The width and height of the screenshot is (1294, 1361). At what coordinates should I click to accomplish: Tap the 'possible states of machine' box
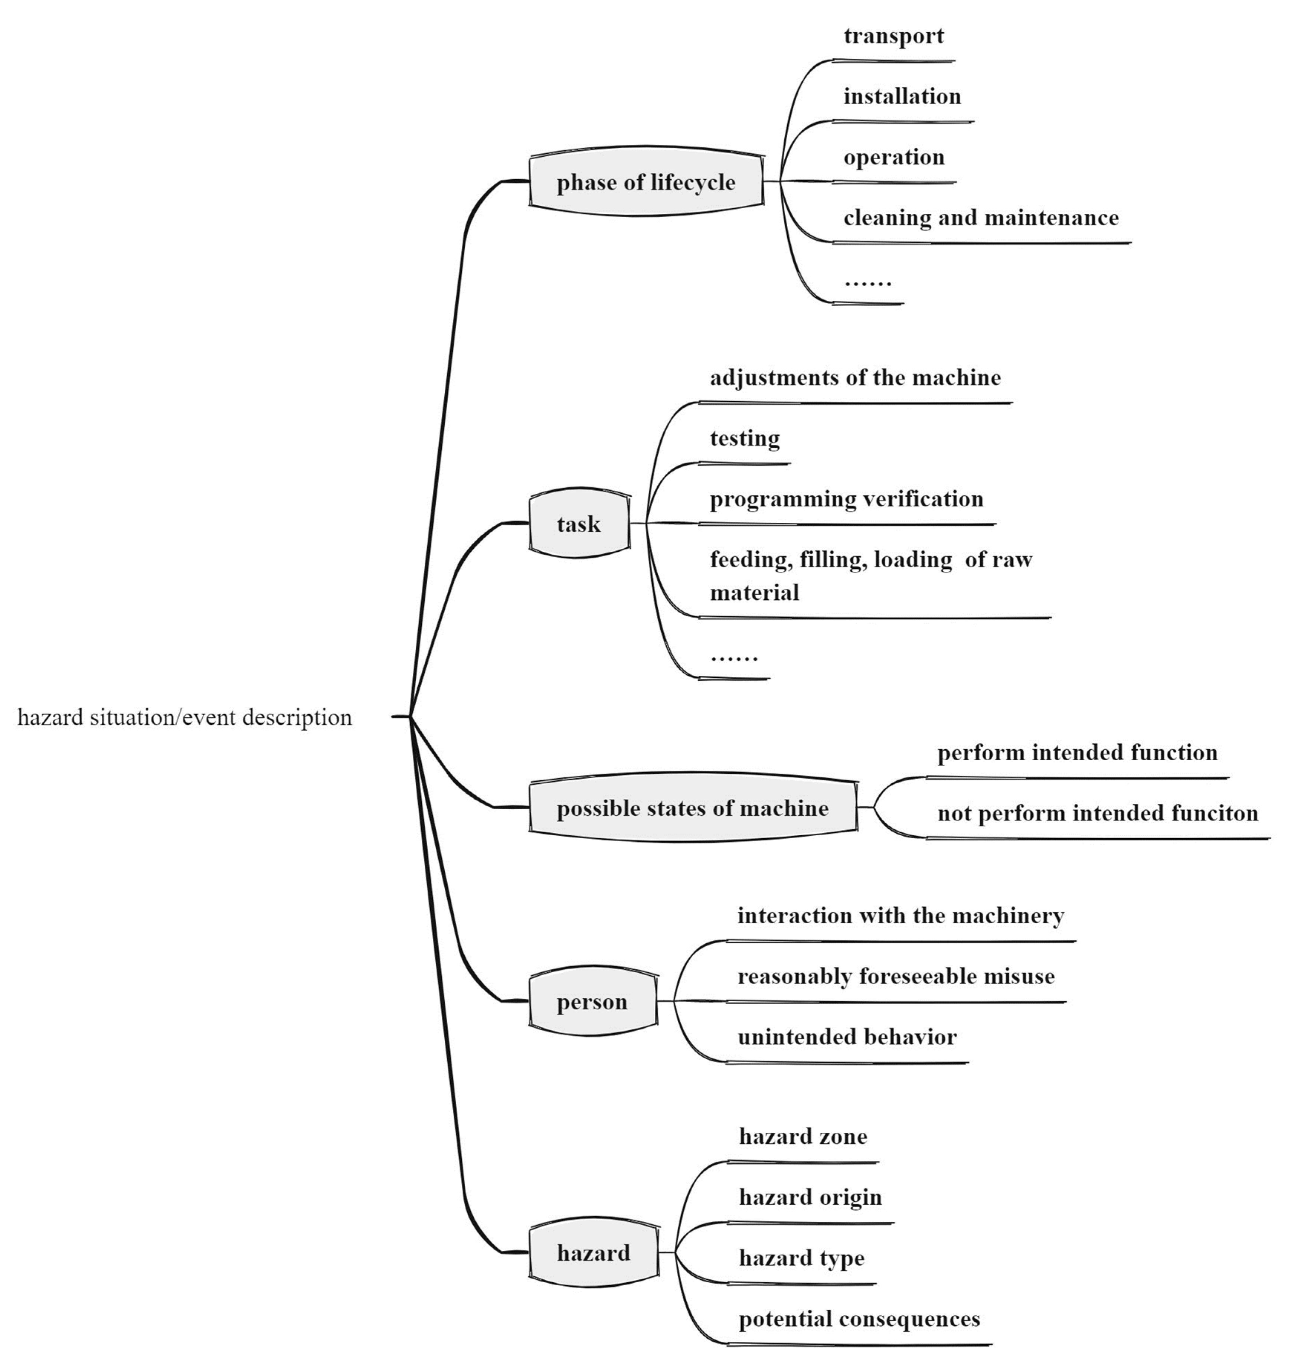(693, 808)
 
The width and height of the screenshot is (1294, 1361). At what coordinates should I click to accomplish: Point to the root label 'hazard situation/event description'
(185, 717)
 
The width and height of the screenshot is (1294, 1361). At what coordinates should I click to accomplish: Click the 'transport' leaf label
(893, 36)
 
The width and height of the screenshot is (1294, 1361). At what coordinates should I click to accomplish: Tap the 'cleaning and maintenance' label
(981, 218)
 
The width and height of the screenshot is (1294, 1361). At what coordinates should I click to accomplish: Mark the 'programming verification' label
(846, 499)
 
